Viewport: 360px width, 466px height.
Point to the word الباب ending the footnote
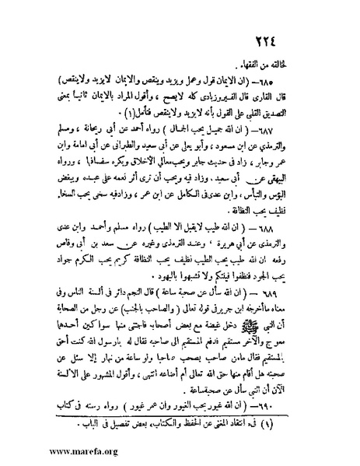[79, 425]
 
